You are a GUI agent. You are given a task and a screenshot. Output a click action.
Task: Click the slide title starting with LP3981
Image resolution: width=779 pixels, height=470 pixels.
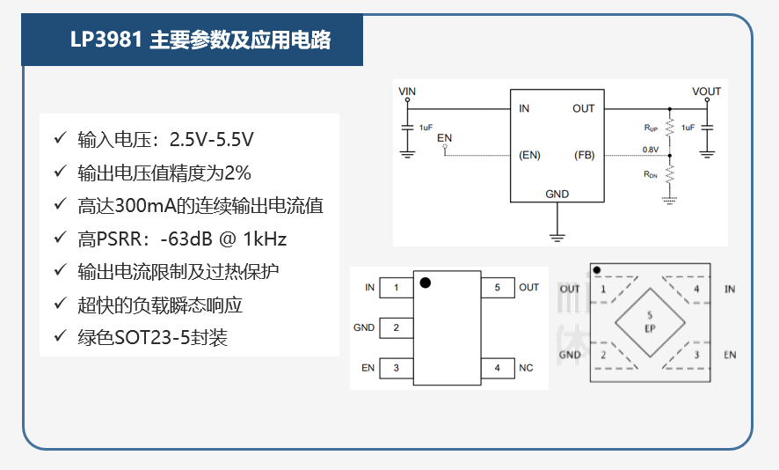pyautogui.click(x=200, y=40)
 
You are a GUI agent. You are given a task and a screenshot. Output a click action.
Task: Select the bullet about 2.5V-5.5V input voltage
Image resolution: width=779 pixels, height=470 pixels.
pyautogui.click(x=165, y=140)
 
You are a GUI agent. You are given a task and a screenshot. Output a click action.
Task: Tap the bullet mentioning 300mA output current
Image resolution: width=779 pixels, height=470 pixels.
pyautogui.click(x=200, y=205)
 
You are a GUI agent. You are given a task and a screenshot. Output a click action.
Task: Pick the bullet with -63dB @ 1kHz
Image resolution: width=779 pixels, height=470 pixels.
pyautogui.click(x=182, y=239)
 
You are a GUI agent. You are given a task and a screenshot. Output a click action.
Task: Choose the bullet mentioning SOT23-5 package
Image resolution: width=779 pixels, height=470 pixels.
pyautogui.click(x=152, y=338)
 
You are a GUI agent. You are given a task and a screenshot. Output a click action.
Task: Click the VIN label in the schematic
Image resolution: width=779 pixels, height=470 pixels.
pyautogui.click(x=407, y=92)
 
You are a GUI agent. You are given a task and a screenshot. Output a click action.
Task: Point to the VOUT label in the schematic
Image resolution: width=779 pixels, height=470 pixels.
pyautogui.click(x=706, y=92)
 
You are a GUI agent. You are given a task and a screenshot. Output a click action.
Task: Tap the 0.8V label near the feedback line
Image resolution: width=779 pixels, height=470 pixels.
pyautogui.click(x=651, y=150)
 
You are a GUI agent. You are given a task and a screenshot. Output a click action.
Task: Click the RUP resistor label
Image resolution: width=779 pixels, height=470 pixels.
pyautogui.click(x=651, y=128)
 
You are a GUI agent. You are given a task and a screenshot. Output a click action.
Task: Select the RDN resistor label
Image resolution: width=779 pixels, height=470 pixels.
pyautogui.click(x=651, y=174)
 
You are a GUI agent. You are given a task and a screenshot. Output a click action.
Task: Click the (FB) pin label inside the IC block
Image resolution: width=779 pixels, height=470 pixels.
pyautogui.click(x=584, y=155)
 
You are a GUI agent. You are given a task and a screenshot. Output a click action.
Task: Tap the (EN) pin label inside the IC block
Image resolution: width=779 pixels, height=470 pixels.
pyautogui.click(x=529, y=155)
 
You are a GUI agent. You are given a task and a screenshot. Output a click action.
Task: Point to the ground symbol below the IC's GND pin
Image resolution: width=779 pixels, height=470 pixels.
pyautogui.click(x=557, y=238)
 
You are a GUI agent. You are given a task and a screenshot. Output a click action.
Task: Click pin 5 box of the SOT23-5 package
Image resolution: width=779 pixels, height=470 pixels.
pyautogui.click(x=498, y=288)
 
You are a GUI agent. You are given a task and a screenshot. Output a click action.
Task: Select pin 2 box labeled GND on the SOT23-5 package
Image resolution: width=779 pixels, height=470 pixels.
pyautogui.click(x=396, y=327)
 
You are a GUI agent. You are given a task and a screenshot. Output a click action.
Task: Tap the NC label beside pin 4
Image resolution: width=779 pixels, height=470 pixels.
pyautogui.click(x=526, y=368)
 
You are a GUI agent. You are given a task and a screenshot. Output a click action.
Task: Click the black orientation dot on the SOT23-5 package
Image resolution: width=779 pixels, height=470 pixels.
pyautogui.click(x=426, y=283)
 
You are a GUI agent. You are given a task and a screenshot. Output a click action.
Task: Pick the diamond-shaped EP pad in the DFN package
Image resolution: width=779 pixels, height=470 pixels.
pyautogui.click(x=650, y=322)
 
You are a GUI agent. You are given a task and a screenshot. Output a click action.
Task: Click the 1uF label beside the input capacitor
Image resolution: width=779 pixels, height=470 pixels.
pyautogui.click(x=426, y=128)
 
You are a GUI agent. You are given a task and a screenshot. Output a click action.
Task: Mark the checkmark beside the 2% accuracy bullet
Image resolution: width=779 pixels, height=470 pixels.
pyautogui.click(x=60, y=171)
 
